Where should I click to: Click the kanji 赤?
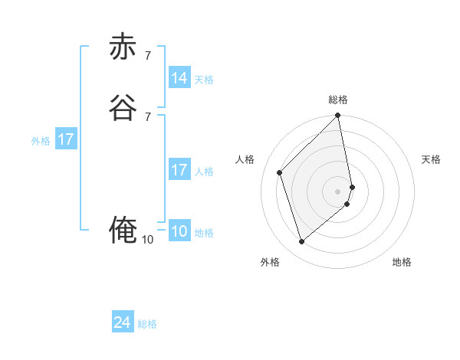point(123,47)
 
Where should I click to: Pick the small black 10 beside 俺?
point(147,240)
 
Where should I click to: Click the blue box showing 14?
point(179,78)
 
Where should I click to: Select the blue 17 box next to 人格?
point(179,170)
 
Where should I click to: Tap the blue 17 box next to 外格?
point(66,140)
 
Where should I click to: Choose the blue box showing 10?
point(179,231)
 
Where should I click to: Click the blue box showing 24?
point(123,323)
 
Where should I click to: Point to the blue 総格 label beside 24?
point(147,324)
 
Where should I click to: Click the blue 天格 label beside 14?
point(204,80)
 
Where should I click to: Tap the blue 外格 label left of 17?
point(41,141)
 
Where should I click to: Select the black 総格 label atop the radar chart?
point(338,100)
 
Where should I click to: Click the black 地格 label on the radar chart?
point(402,262)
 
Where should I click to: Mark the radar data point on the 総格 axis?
point(338,116)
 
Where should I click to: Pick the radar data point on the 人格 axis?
point(280,172)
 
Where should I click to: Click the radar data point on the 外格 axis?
point(302,242)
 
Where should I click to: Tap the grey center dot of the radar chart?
point(338,191)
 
